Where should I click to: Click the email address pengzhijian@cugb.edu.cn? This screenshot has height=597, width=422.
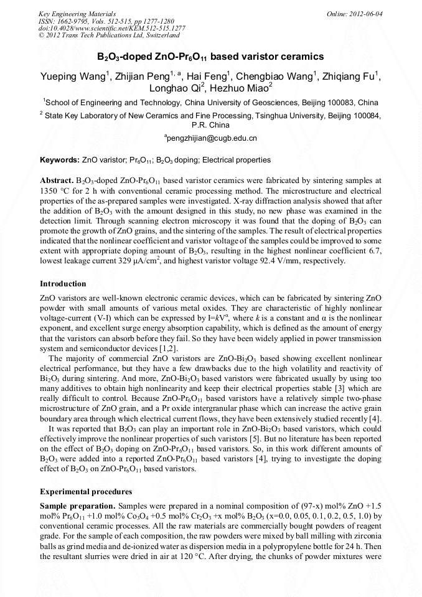[210, 138]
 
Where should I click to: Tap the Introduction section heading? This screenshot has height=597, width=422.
[63, 284]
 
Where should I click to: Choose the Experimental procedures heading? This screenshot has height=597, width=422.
[86, 491]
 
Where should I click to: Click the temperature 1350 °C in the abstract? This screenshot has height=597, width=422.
[55, 190]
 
